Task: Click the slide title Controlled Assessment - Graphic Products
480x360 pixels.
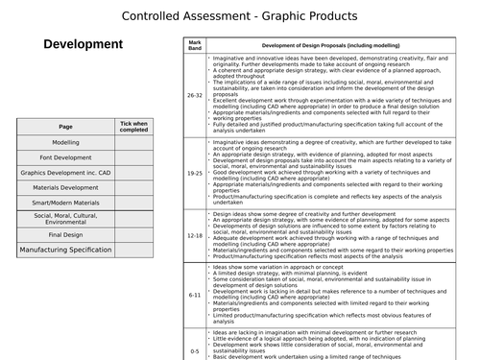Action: tap(239, 15)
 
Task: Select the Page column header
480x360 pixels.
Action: tap(65, 127)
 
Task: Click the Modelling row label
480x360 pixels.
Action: tap(65, 142)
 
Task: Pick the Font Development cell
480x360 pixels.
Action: tap(65, 157)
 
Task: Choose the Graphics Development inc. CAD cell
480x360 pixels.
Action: tap(65, 173)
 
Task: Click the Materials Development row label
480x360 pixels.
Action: tap(65, 188)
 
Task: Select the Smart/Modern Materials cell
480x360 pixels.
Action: tap(65, 203)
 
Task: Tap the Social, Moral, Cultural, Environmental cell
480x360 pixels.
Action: tap(65, 218)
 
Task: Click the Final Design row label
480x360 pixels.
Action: tap(65, 234)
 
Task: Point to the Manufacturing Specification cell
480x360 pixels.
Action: tap(65, 250)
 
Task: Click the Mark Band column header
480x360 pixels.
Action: tap(195, 46)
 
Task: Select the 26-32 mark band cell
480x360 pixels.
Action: tap(195, 96)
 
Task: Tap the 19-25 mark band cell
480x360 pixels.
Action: tap(195, 174)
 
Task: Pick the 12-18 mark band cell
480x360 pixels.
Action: tap(195, 235)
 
